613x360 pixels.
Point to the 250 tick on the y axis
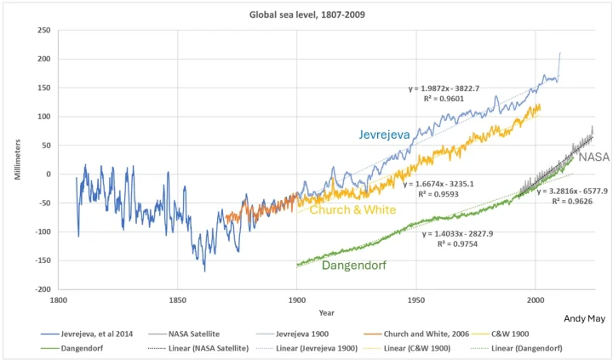(43, 31)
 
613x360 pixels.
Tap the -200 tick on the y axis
(42, 289)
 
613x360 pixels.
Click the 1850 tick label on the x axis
(177, 300)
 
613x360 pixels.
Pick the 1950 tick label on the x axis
(415, 300)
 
